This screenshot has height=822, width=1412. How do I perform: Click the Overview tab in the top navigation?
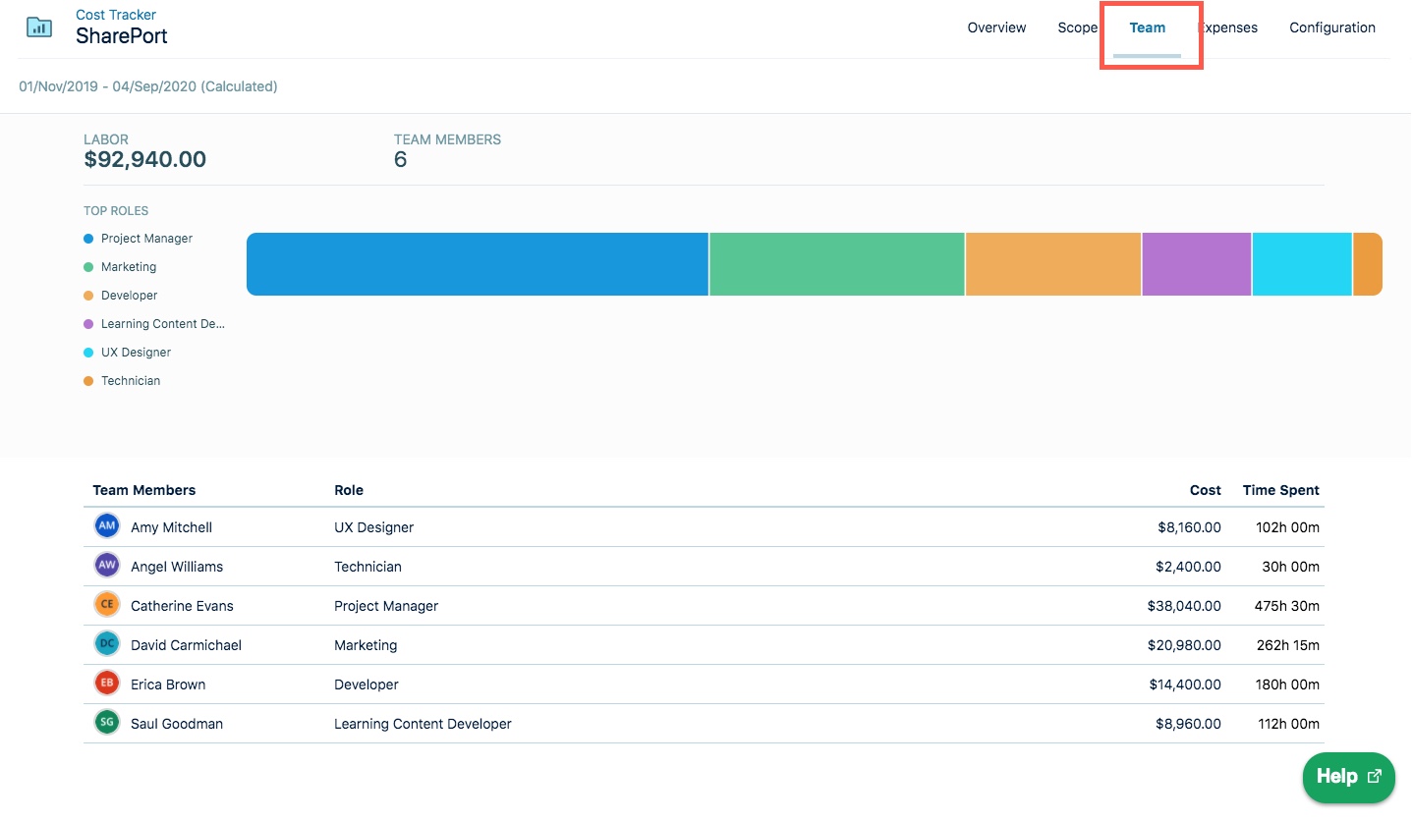(996, 27)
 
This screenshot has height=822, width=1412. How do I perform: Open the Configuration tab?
(1331, 27)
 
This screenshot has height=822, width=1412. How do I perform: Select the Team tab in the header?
(1147, 27)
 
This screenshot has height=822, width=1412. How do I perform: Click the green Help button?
(1348, 777)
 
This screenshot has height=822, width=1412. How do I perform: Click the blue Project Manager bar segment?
(478, 264)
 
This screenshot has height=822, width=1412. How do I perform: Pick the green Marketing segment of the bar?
(836, 264)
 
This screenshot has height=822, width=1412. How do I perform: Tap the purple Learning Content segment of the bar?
(1196, 264)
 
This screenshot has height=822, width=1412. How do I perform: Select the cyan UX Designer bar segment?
(1302, 264)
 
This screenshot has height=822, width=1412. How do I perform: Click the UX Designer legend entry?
(136, 353)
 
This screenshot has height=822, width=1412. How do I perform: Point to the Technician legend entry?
(130, 381)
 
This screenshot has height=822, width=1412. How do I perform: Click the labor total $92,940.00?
(145, 160)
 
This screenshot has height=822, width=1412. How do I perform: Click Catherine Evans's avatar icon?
(107, 605)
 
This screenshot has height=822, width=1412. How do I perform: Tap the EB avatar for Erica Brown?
(107, 684)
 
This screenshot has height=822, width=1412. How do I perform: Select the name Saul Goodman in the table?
(177, 724)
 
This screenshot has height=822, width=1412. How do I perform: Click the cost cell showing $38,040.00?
(1183, 606)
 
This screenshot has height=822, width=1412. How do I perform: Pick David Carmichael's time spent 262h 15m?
(1286, 645)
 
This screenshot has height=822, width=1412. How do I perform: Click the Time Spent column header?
(1280, 490)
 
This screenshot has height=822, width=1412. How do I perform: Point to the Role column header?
(349, 490)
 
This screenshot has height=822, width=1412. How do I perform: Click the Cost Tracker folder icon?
(40, 27)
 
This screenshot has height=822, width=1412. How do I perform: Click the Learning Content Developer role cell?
(423, 724)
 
